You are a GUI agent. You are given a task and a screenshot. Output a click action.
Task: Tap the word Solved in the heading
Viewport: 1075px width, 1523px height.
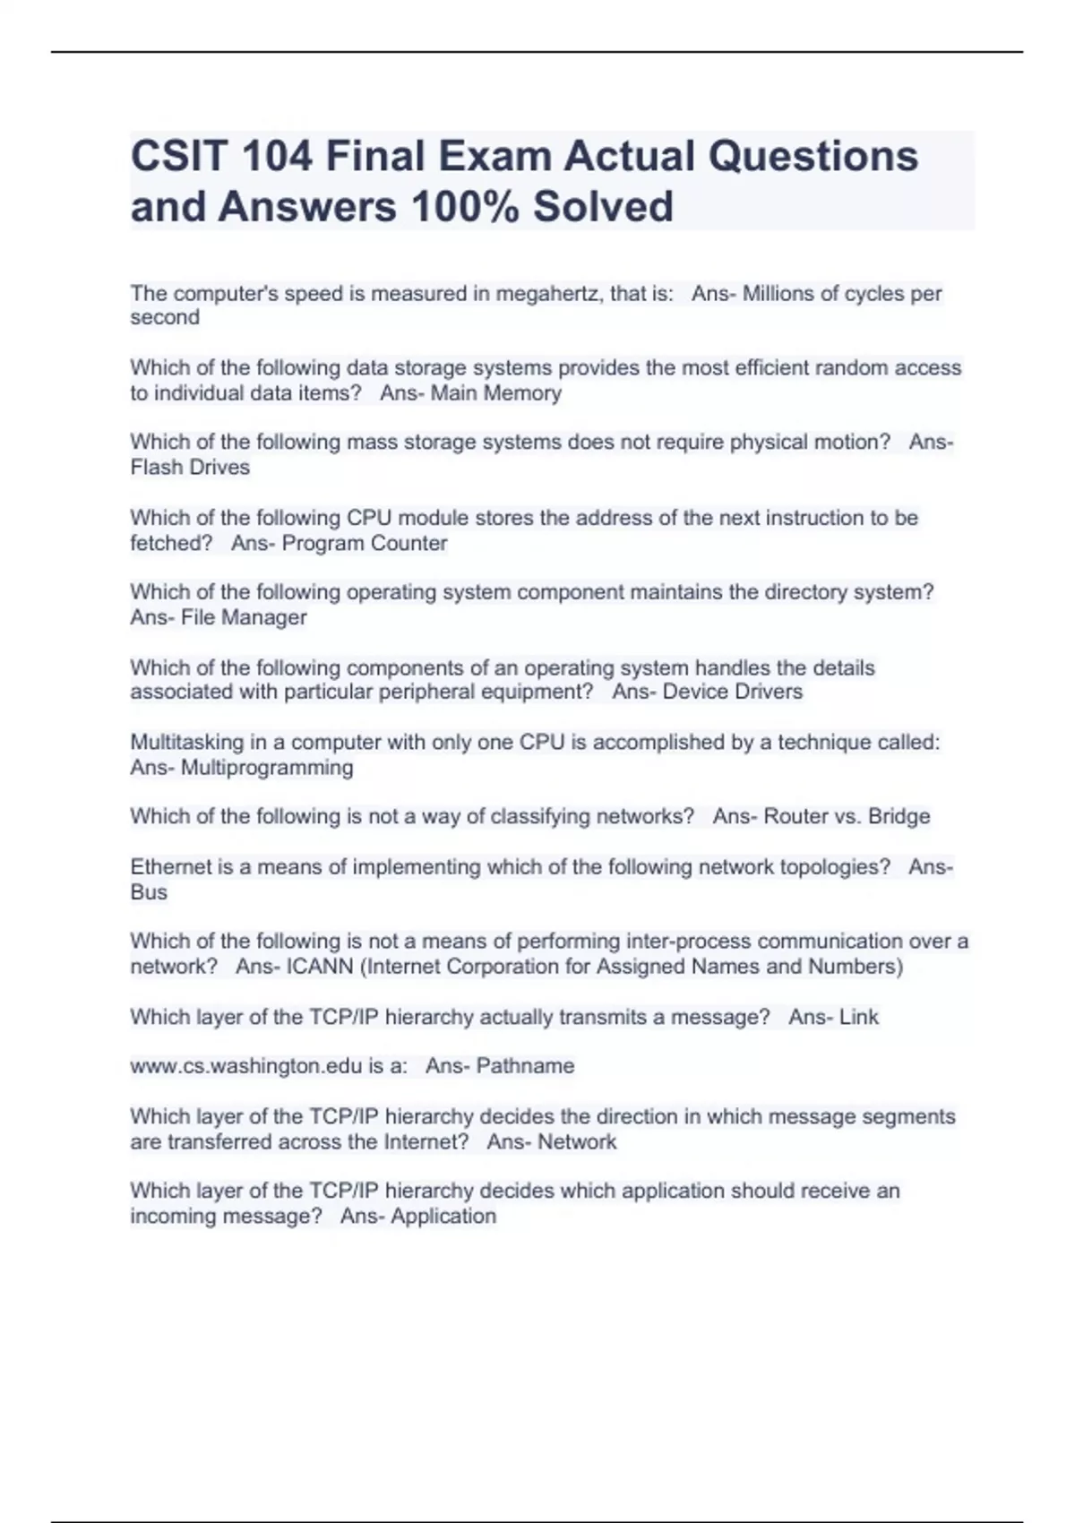pos(603,207)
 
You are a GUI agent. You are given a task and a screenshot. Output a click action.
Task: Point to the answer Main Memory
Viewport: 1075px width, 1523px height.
pos(496,393)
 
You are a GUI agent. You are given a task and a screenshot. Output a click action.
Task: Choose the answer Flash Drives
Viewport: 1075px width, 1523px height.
pos(190,468)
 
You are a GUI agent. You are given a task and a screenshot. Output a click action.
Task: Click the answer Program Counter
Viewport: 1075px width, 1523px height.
pos(365,544)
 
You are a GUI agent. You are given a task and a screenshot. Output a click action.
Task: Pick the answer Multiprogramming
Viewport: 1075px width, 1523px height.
pos(267,768)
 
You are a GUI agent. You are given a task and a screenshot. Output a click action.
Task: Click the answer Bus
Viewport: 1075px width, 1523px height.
pos(149,892)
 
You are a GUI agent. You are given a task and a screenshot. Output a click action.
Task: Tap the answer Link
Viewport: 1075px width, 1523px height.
pos(859,1018)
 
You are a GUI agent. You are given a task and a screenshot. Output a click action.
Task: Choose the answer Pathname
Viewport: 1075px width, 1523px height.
pos(525,1066)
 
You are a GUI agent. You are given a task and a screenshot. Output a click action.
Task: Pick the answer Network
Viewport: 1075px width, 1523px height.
pos(577,1142)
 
